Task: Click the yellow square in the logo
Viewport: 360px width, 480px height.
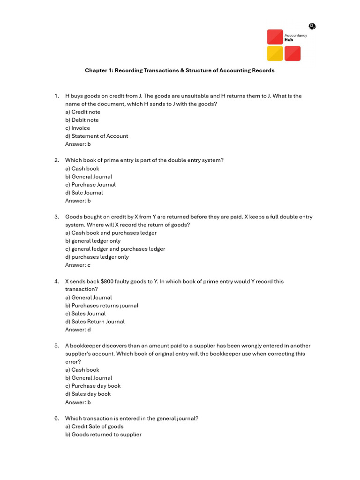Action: tap(275, 53)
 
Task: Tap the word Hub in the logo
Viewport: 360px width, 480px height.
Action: tap(289, 40)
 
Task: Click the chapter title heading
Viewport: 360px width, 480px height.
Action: tap(180, 70)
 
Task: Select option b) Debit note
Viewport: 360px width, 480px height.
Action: tap(82, 120)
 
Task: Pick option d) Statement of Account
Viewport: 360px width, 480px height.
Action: tap(97, 136)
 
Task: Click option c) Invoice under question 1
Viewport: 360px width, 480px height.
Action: tap(78, 128)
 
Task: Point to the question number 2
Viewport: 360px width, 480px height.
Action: tap(56, 160)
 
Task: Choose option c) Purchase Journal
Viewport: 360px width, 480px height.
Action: tap(90, 185)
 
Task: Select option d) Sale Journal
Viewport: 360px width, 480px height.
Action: tap(84, 193)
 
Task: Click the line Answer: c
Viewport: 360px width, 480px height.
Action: tap(78, 265)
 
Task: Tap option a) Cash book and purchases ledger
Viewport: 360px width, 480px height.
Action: tap(111, 233)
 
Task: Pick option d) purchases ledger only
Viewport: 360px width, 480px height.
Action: tap(97, 257)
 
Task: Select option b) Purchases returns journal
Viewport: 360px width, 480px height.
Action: tap(102, 306)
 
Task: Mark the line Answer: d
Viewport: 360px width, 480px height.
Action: tap(78, 330)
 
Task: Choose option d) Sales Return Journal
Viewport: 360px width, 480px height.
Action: tap(95, 322)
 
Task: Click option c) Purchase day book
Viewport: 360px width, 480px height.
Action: tap(93, 386)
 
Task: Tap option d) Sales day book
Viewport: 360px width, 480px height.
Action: tap(88, 394)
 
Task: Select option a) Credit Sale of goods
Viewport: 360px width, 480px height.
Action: tap(94, 427)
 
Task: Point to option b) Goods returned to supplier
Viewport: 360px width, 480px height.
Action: tap(103, 435)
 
